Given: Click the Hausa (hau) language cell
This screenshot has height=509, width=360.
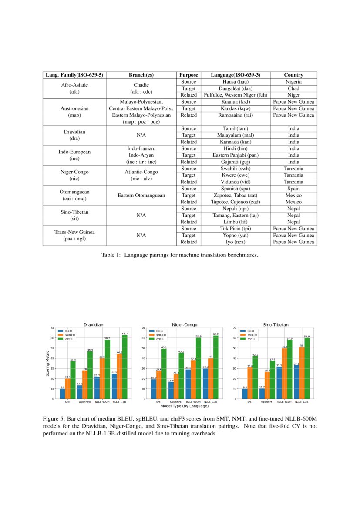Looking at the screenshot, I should point(235,82).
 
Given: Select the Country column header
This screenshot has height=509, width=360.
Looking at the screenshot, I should point(293,75).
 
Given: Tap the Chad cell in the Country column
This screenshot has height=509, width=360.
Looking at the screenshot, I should point(293,88).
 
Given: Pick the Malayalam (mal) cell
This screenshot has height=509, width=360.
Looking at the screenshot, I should point(235,135).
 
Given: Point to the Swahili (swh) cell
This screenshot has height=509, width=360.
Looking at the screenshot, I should point(235,169).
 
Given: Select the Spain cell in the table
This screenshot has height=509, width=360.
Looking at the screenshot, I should point(293,189).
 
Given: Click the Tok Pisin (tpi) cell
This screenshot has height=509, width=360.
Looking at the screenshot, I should point(235,229).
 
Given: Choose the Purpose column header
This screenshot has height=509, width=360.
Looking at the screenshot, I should point(188,75).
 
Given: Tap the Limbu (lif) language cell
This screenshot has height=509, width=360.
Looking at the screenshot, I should point(235,222).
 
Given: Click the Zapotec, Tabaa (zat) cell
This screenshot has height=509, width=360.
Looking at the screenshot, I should point(235,196).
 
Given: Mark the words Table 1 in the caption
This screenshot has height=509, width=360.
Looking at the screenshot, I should point(111,255).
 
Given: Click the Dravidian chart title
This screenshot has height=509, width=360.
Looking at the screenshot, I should point(93,324).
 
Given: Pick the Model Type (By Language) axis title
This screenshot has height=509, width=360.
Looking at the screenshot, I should point(185,406).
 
